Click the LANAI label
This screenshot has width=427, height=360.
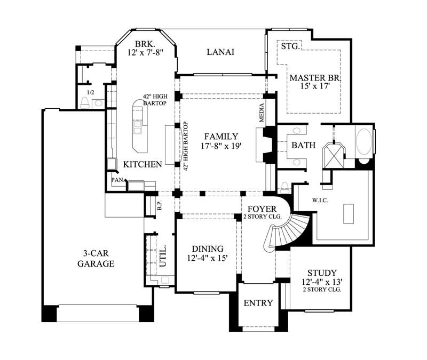(220, 52)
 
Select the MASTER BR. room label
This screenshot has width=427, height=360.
(315, 78)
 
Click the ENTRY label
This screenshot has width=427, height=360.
(258, 303)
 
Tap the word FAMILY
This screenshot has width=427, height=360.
(220, 136)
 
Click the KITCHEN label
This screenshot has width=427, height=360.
(143, 164)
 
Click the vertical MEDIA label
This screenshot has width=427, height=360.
(262, 113)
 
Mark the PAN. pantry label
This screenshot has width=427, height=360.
(117, 180)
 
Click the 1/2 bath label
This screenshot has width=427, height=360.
(91, 92)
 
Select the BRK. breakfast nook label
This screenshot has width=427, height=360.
(145, 44)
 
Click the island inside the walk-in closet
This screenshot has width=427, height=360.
(349, 213)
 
